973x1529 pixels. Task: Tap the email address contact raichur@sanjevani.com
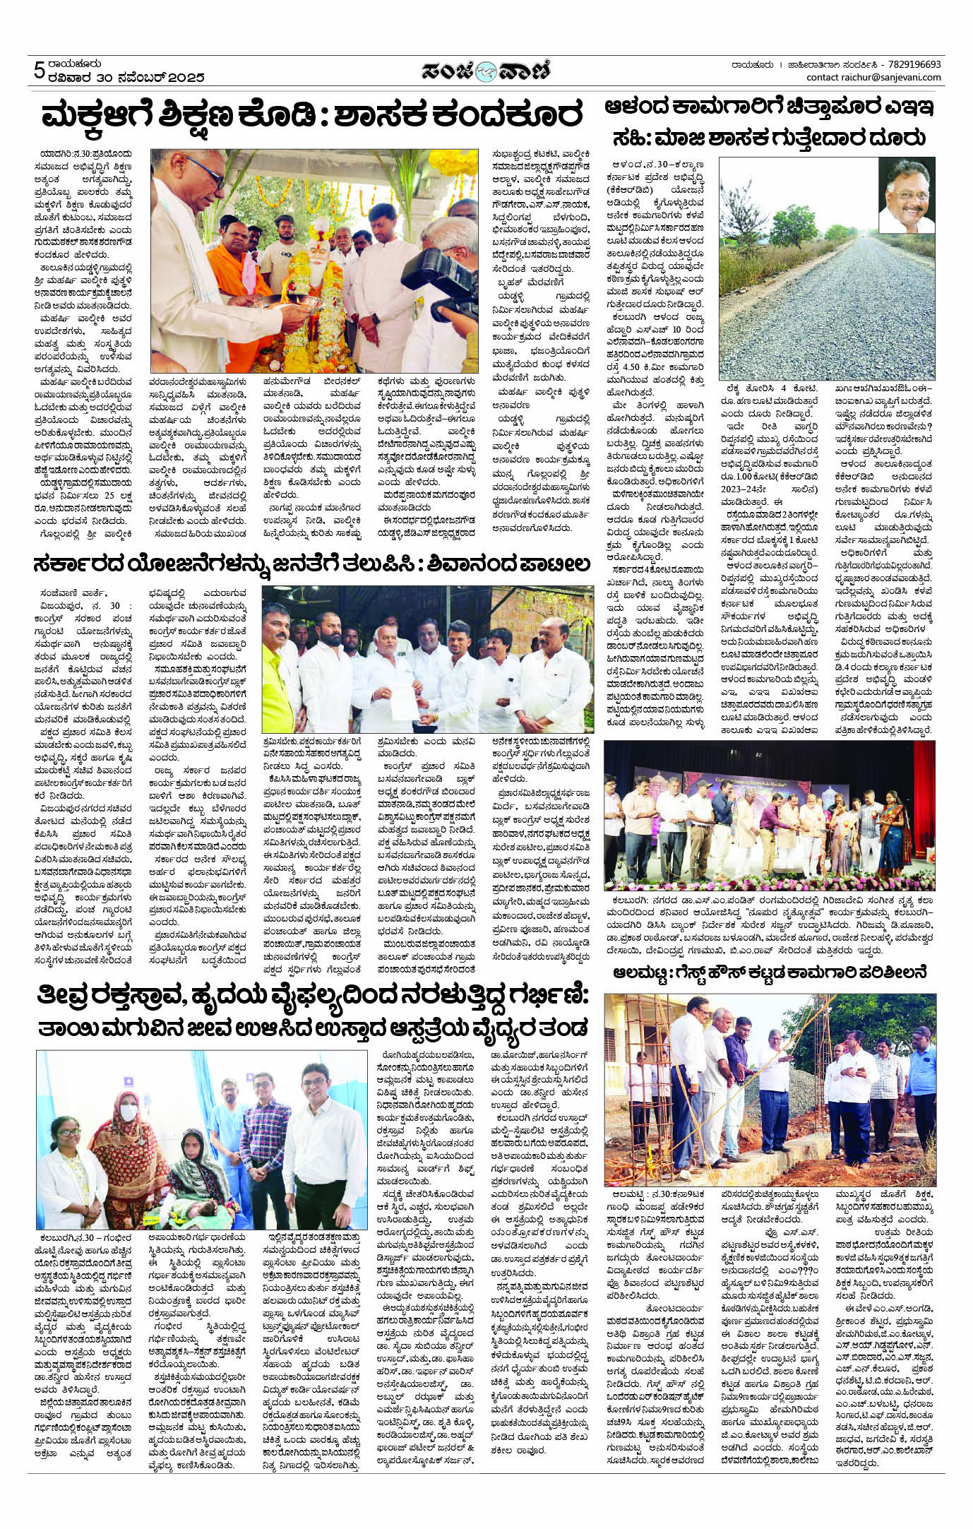(x=873, y=77)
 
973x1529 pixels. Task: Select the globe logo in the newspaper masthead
(x=486, y=71)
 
